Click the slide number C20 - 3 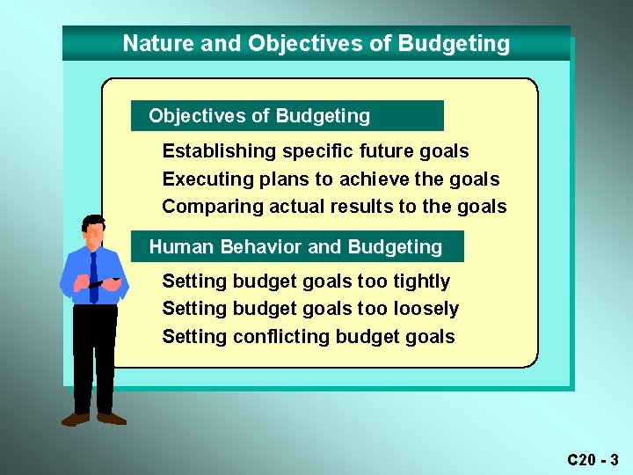593,459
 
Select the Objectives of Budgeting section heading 259,116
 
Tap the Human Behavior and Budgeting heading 295,247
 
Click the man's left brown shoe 76,420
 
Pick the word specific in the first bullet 317,151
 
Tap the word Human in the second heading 180,247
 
